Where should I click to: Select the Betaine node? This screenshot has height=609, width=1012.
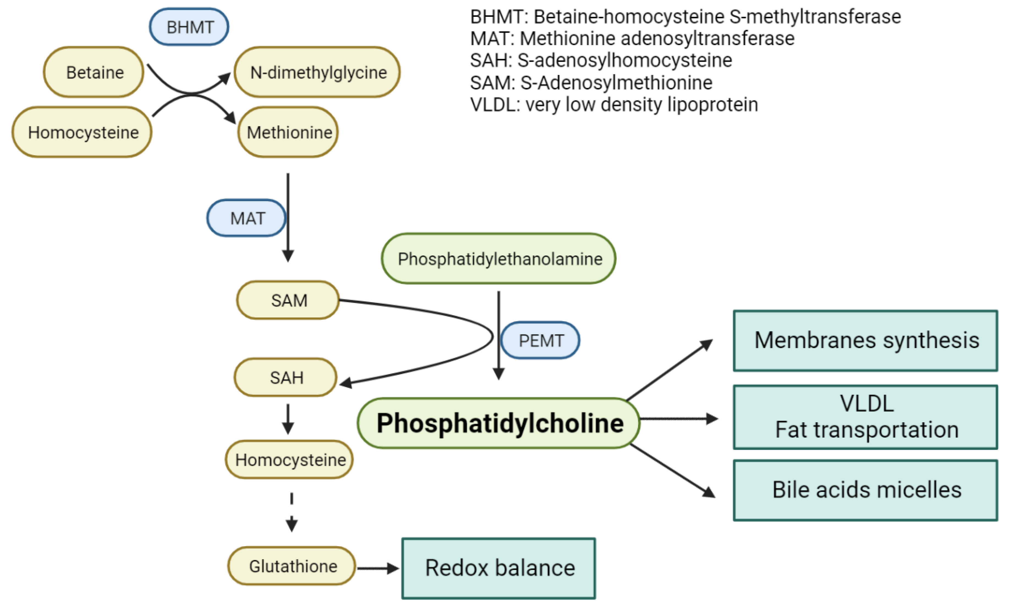click(94, 72)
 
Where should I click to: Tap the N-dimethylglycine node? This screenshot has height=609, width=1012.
click(317, 72)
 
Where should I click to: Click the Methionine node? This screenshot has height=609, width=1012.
click(288, 132)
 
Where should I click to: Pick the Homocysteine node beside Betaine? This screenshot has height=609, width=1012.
click(82, 132)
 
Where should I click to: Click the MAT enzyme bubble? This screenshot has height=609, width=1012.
click(246, 218)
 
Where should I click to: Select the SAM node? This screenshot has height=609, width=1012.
click(288, 300)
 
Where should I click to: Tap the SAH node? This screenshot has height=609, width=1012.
click(286, 377)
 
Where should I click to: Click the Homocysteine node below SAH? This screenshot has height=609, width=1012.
click(289, 460)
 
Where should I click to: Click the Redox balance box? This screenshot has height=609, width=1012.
click(499, 568)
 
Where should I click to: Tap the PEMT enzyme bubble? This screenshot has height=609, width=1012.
click(540, 341)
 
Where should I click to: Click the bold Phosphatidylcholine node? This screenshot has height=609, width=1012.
click(499, 423)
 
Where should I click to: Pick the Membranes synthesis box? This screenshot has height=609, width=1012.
click(865, 341)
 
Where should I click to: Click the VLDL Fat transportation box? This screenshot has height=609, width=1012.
click(865, 417)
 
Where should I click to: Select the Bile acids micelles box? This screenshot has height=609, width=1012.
click(865, 490)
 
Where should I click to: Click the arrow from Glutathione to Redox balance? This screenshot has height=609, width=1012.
click(377, 568)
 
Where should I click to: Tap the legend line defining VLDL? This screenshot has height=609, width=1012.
click(614, 105)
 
